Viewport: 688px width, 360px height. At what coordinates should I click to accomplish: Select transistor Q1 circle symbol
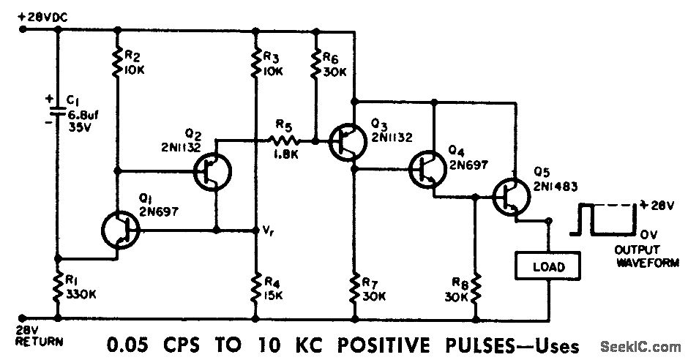[x=121, y=230]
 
